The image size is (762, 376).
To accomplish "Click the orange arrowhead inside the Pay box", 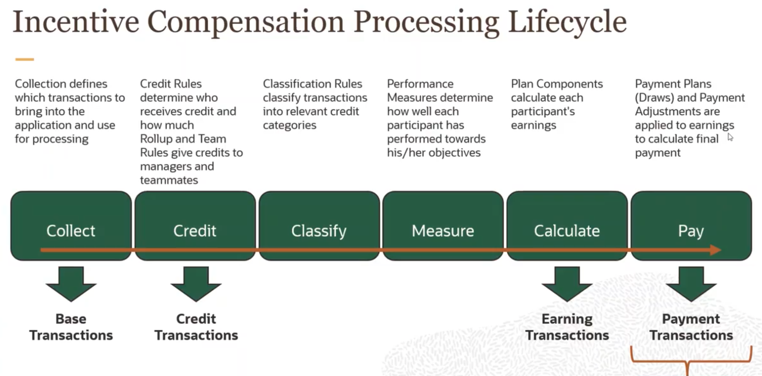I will click(x=716, y=250).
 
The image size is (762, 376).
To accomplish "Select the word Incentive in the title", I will click(x=76, y=22).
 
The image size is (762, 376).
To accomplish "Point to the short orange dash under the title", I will click(x=25, y=60).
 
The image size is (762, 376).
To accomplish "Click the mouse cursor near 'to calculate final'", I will click(x=730, y=137).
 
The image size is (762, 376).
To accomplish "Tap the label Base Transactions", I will click(x=71, y=327).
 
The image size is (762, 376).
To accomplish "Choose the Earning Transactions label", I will click(x=567, y=327).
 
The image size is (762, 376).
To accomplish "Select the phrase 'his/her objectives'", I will click(x=433, y=153).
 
